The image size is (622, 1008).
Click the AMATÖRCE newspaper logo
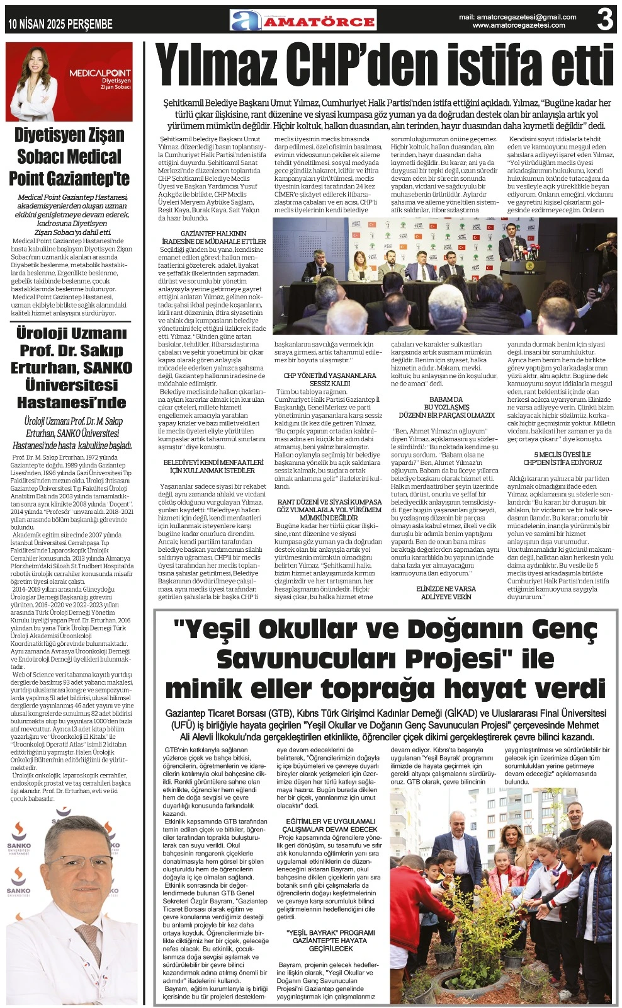point(303,21)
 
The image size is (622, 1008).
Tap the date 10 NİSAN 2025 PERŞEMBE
point(60,24)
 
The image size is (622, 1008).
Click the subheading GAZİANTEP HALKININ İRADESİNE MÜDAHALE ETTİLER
point(214,238)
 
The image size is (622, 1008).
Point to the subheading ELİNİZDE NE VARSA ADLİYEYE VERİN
point(446,592)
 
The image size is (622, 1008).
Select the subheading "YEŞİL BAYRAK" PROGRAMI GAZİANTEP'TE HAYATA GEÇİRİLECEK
point(331,940)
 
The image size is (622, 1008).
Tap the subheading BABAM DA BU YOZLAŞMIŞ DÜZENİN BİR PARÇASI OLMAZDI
point(446,407)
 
